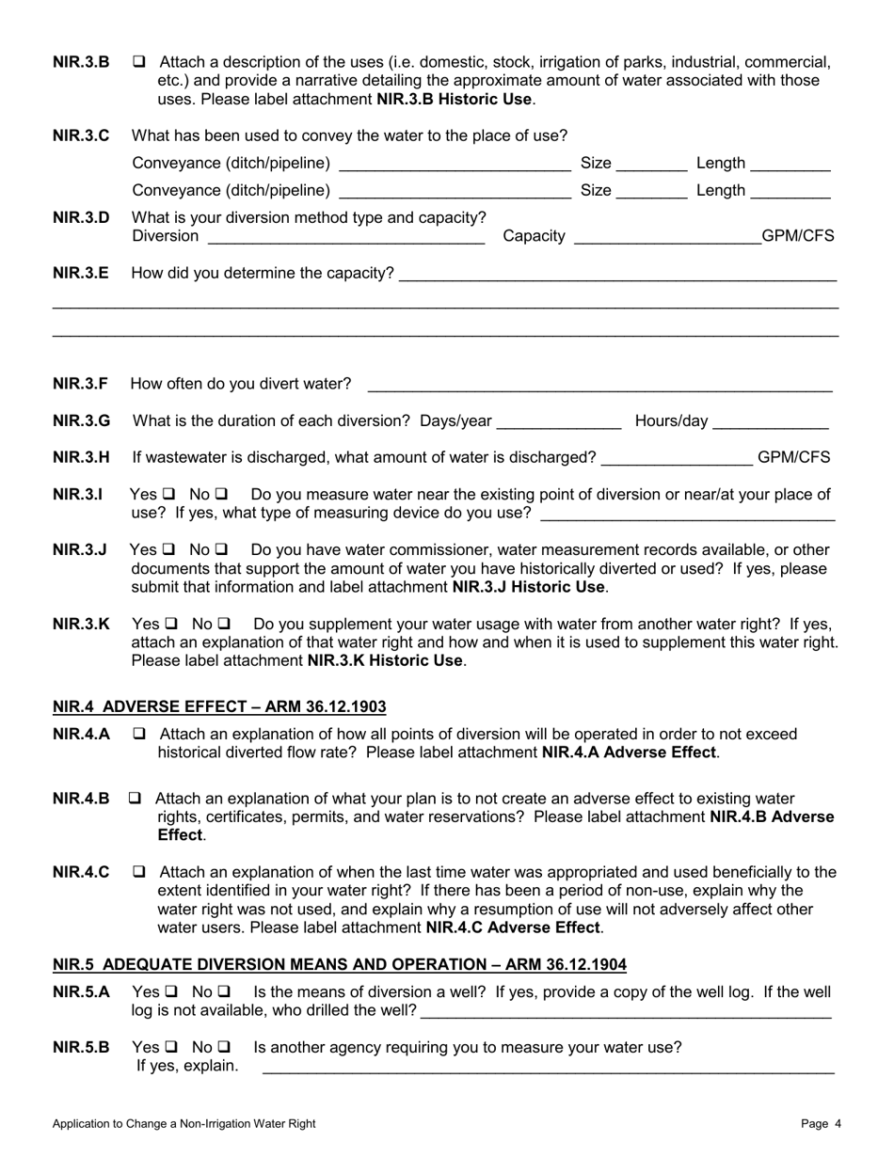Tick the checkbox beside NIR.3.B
click(x=139, y=63)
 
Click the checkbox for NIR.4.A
click(x=139, y=734)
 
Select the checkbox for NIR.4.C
click(x=139, y=872)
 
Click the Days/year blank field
click(x=559, y=420)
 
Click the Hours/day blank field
click(x=771, y=420)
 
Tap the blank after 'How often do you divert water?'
click(x=599, y=384)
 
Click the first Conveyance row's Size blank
click(x=652, y=164)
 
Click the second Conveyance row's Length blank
click(x=790, y=191)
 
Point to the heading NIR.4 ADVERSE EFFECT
click(x=219, y=706)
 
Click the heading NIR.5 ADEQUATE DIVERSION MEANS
click(x=339, y=964)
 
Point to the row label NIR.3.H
click(x=81, y=457)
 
